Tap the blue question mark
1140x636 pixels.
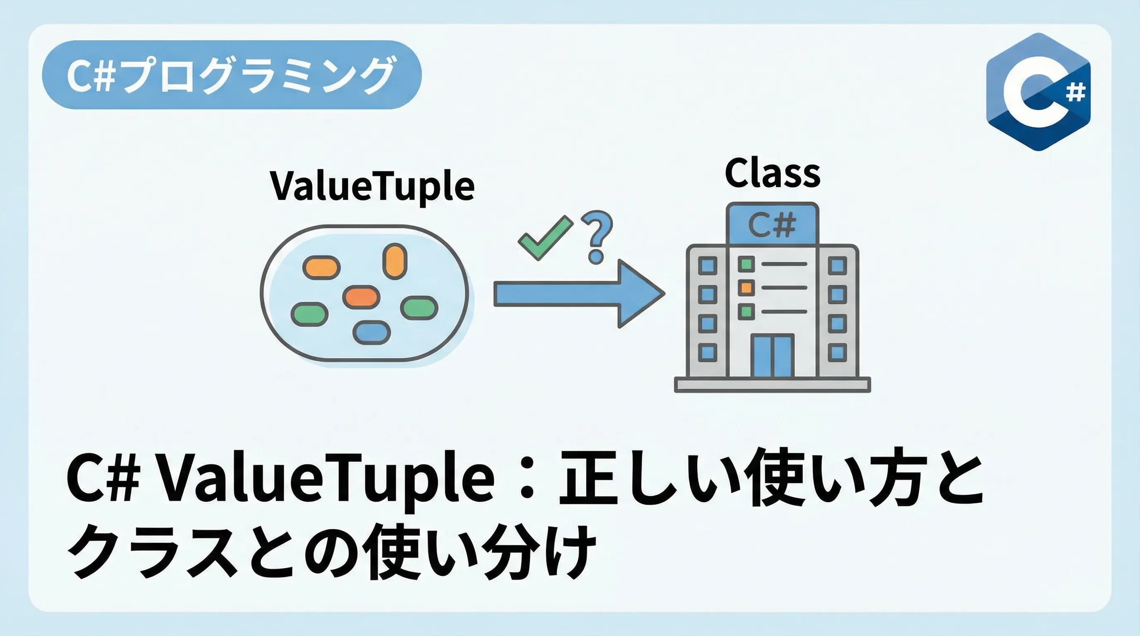(597, 236)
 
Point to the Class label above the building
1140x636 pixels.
(772, 174)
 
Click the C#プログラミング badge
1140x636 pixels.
(232, 75)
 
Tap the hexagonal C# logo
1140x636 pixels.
(1038, 92)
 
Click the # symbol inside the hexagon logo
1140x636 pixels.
(1075, 93)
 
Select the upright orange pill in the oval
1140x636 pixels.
(394, 261)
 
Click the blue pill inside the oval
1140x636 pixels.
(372, 332)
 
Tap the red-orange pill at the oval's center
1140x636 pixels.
(361, 297)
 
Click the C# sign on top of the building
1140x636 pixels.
(772, 224)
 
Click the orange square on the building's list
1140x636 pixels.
(746, 288)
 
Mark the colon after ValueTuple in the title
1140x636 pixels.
(527, 480)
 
